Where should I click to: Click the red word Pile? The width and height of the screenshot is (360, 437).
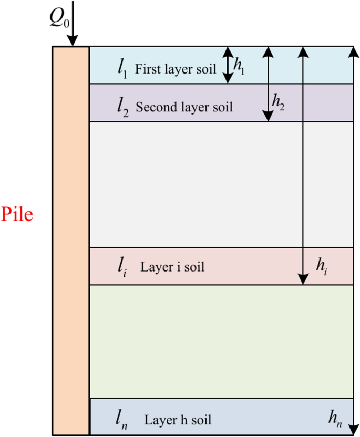click(x=17, y=215)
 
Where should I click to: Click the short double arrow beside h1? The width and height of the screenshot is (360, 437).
click(x=227, y=65)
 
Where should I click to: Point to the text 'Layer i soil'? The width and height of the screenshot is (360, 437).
click(x=172, y=267)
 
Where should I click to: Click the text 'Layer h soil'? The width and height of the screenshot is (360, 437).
click(x=178, y=420)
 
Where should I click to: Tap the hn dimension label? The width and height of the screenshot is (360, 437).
click(x=335, y=419)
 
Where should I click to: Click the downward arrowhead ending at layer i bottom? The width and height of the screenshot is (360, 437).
click(x=303, y=279)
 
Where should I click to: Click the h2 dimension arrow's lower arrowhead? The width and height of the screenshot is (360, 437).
click(x=268, y=116)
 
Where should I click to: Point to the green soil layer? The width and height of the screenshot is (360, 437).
click(x=221, y=341)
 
